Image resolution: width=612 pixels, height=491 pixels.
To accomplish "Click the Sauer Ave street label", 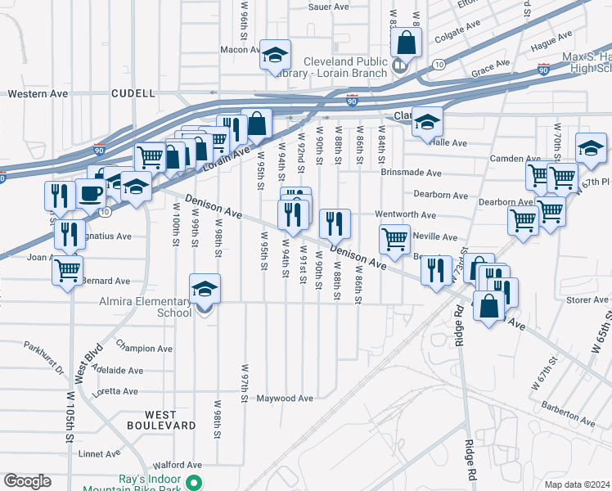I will click(329, 7).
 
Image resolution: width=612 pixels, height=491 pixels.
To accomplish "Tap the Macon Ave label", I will click(240, 50).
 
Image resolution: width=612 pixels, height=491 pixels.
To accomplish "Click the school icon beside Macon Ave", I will click(276, 55).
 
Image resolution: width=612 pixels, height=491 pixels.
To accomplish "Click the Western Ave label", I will click(38, 94).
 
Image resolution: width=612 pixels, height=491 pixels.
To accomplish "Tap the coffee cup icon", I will click(90, 194).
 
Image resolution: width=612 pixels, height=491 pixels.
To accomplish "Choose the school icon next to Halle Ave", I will click(426, 121).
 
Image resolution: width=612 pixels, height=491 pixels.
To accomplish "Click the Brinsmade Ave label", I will click(411, 173).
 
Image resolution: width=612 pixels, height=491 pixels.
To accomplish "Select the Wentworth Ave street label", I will click(405, 214).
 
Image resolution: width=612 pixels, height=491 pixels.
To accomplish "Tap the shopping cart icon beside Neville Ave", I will click(394, 238).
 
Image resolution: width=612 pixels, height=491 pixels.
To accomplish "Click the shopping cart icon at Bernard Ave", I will click(69, 268).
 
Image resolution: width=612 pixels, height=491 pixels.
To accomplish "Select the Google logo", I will click(27, 481).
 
